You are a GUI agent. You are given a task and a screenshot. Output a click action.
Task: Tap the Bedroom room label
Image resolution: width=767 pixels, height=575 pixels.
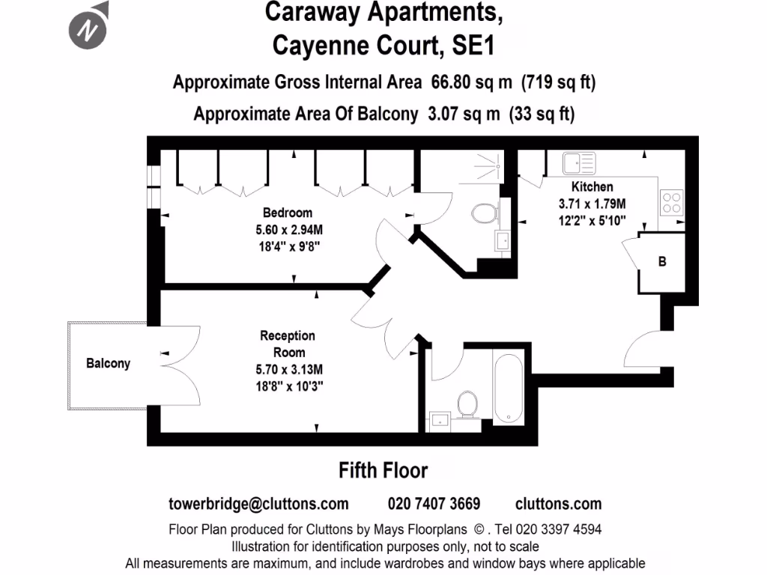click(288, 213)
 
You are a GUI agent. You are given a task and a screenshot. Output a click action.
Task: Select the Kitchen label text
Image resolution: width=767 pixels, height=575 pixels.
click(592, 186)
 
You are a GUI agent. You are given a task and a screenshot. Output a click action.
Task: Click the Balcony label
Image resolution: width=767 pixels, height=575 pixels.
click(108, 363)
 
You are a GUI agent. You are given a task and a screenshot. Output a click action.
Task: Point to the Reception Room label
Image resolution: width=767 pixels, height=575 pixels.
click(288, 344)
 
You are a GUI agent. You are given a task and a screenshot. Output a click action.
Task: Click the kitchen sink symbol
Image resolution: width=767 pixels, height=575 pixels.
click(578, 162)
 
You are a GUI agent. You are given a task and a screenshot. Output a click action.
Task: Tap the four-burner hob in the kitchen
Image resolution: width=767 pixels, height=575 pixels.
click(671, 202)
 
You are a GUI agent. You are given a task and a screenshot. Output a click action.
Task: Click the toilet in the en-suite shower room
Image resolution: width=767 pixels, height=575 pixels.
click(484, 213)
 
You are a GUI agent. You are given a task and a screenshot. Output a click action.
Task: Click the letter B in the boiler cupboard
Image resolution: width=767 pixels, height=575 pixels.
click(662, 262)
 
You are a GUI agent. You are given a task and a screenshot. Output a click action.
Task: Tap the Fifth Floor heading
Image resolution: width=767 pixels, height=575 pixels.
click(383, 470)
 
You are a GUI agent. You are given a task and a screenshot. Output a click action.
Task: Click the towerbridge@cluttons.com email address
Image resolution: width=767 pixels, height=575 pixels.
click(259, 503)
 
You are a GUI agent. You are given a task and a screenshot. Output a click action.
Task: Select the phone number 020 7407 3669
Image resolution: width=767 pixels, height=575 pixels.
click(434, 503)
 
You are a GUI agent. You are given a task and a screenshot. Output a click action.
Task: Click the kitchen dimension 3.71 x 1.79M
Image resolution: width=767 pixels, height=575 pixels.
click(592, 203)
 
